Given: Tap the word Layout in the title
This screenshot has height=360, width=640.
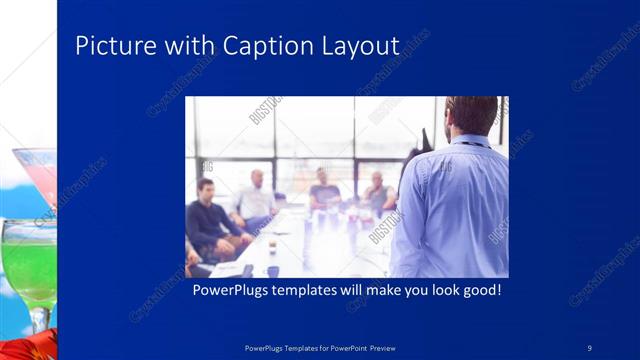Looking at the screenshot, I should [x=359, y=46].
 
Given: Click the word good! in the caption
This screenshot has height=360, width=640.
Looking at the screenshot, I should [x=478, y=291].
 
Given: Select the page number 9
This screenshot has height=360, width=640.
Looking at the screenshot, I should [x=590, y=347].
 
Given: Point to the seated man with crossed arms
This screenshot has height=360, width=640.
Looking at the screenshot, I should [x=377, y=195].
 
